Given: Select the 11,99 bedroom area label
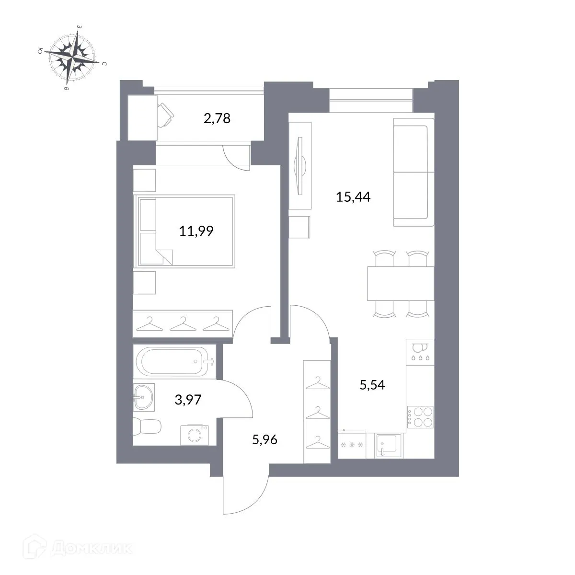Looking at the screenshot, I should tap(196, 231).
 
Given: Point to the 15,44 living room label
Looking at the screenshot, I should tap(354, 197).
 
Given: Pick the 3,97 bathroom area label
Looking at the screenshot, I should tap(188, 400).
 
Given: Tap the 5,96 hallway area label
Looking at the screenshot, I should tap(264, 439).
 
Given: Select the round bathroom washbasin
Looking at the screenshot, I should tap(142, 397).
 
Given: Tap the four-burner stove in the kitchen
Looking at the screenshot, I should tap(420, 416).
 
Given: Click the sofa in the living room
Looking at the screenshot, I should tap(411, 172).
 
